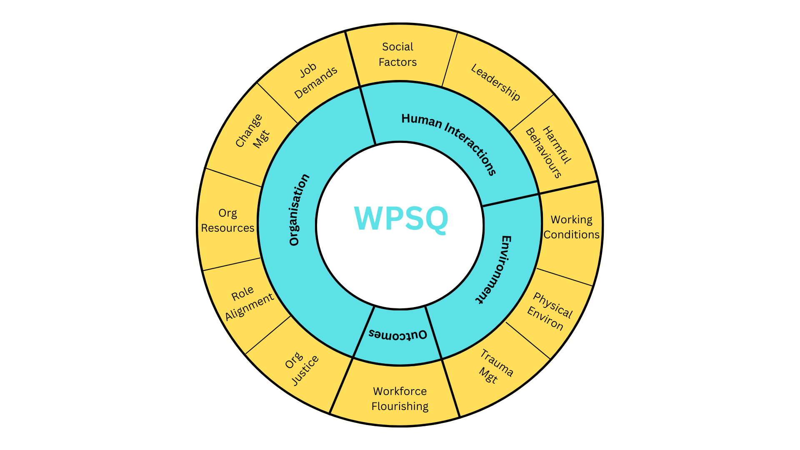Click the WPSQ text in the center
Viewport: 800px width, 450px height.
coord(401,218)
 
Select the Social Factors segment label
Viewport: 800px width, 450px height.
coord(397,54)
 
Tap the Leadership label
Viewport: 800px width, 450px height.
coord(495,82)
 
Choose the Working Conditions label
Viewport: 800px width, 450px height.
coord(571,227)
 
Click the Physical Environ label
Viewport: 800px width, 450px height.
coord(550,311)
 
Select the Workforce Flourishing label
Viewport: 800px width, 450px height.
coord(400,399)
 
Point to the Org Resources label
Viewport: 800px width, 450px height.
coord(227,220)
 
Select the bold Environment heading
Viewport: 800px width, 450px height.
coord(494,269)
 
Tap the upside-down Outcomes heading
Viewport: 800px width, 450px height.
coord(398,335)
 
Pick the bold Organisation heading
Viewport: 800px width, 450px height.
coord(299,210)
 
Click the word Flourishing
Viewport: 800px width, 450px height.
coord(400,406)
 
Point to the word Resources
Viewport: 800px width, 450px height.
coord(227,228)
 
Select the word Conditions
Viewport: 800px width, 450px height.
coord(571,235)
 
